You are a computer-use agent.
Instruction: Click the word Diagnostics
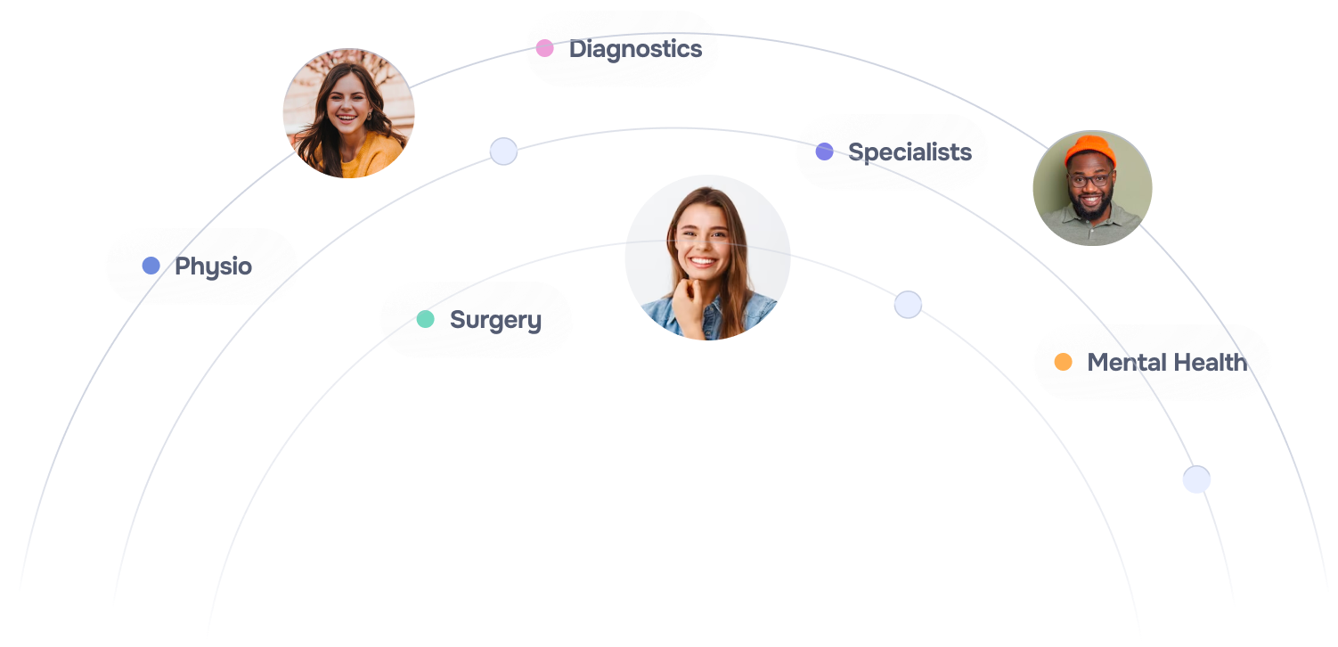click(635, 49)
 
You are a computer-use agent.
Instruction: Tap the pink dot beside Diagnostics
click(544, 48)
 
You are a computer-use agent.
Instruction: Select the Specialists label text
click(910, 152)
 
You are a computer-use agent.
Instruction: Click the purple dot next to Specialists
click(824, 152)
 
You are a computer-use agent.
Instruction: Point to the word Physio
click(213, 266)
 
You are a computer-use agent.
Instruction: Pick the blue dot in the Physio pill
click(151, 266)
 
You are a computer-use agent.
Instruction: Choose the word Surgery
click(495, 320)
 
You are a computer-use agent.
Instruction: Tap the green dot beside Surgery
click(425, 319)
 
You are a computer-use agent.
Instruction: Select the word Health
click(1209, 363)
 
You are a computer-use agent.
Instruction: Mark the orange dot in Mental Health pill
click(1063, 362)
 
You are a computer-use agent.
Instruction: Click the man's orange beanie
click(1090, 150)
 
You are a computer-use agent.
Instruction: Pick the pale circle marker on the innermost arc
click(908, 305)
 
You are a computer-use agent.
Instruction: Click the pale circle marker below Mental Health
click(1196, 479)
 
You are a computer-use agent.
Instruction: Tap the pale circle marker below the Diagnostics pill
click(503, 152)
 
